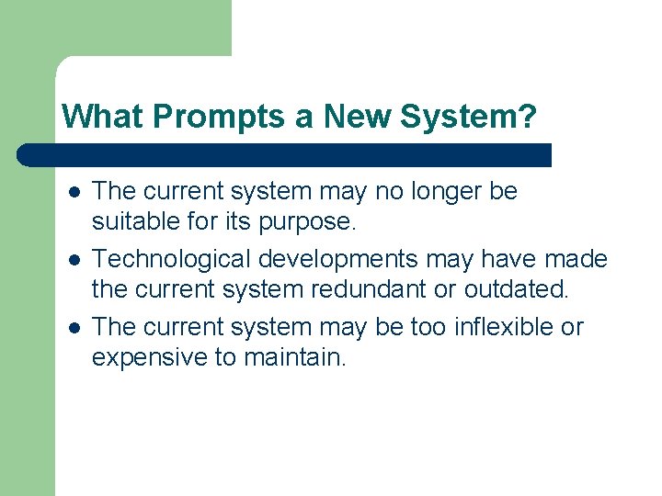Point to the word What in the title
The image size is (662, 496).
(102, 117)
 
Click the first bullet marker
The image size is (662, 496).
(73, 192)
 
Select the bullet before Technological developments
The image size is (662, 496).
(73, 260)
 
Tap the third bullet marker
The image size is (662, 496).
(73, 328)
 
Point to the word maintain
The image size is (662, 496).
(295, 357)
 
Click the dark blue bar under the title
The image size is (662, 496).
(285, 155)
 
